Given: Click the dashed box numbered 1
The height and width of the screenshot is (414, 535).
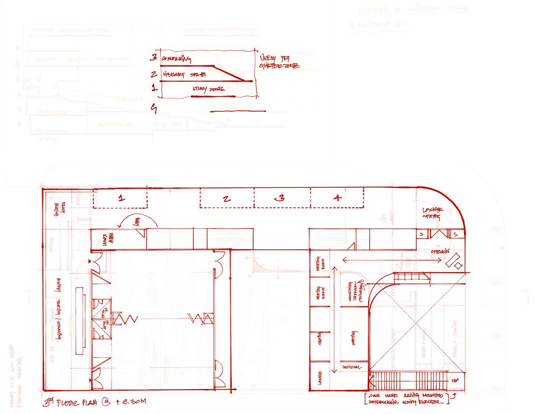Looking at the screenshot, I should [x=120, y=198].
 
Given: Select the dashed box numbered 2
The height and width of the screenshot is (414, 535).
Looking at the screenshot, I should [x=227, y=198].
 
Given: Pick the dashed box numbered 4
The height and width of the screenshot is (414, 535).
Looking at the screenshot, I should [x=337, y=198].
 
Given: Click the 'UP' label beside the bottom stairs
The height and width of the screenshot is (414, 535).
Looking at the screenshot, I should [x=455, y=381].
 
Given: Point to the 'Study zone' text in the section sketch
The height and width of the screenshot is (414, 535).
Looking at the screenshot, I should [x=207, y=89].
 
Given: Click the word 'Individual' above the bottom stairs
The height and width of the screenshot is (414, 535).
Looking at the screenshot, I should [x=352, y=366].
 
